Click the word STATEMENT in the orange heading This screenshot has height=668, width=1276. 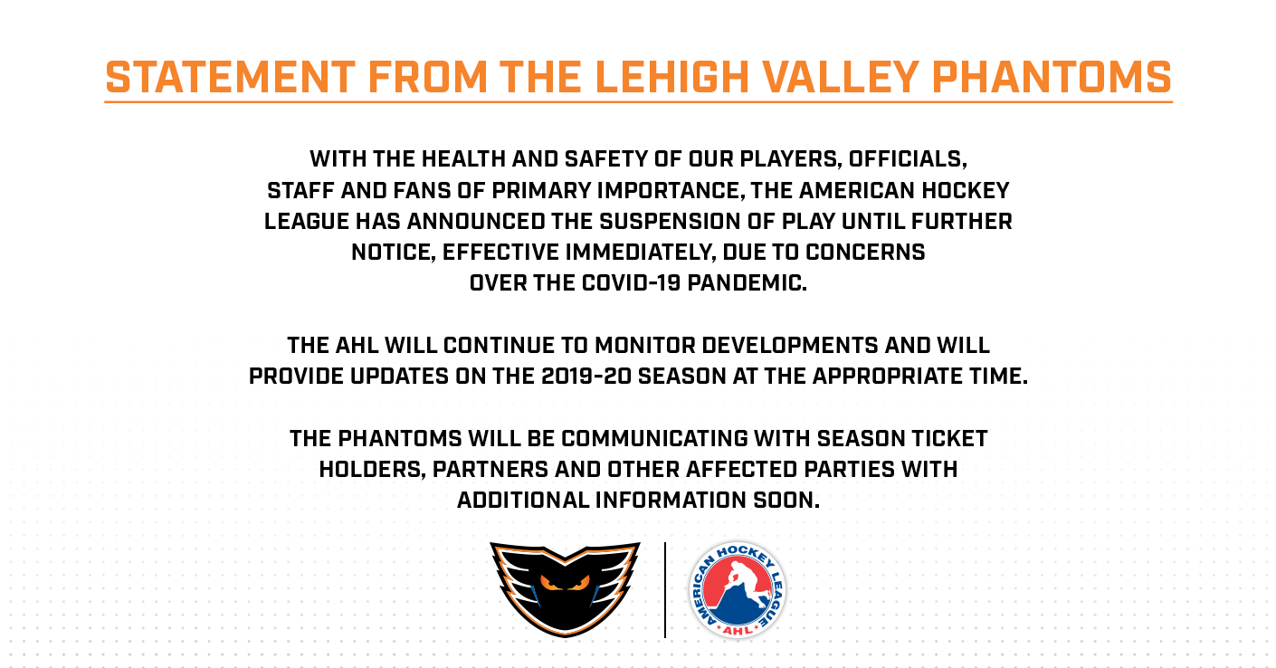tap(231, 78)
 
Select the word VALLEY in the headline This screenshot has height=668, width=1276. tap(841, 78)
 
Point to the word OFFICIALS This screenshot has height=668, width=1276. tap(908, 159)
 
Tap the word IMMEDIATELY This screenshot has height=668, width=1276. tap(641, 253)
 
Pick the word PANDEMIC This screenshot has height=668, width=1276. tap(748, 283)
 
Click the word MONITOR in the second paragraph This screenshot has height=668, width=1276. tap(645, 346)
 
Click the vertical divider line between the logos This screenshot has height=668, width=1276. tap(665, 590)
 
